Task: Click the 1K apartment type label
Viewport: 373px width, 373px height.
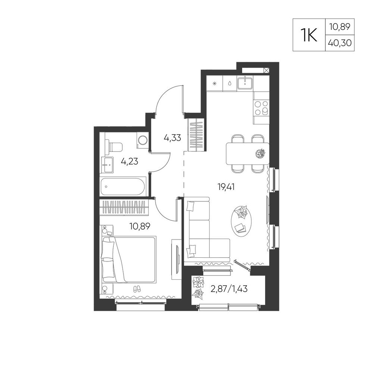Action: point(309,35)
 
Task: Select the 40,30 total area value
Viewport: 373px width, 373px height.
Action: point(340,43)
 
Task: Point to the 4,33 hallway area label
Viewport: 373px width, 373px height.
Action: point(172,138)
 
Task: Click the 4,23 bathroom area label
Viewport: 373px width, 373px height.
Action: point(129,162)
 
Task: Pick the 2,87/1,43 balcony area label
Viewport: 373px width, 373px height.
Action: point(229,289)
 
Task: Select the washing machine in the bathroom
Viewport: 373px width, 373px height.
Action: point(142,140)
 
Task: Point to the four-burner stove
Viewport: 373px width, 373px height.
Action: point(261,108)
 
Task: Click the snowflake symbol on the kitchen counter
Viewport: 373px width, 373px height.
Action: point(214,84)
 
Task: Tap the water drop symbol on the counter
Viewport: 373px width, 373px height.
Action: point(230,83)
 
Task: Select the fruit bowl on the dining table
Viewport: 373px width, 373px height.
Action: point(260,153)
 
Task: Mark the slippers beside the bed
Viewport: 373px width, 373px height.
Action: point(137,289)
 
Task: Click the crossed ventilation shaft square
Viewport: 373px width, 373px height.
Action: point(267,70)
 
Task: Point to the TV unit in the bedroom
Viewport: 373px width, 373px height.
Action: point(176,260)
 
